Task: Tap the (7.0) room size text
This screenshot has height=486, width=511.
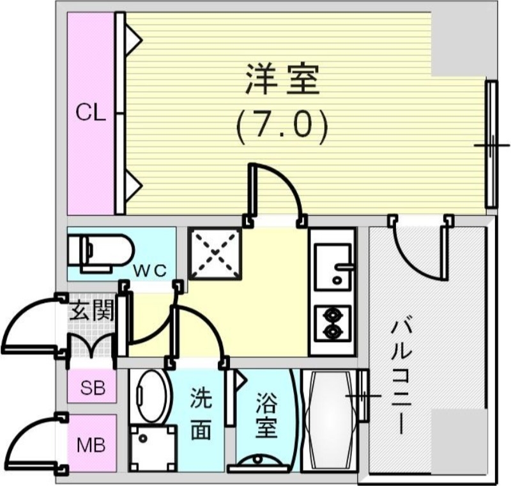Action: click(282, 126)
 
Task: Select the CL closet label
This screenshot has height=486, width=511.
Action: click(91, 113)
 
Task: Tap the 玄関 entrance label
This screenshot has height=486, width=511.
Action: click(92, 312)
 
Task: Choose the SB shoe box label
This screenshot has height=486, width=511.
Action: click(93, 388)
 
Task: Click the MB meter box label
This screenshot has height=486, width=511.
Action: click(92, 444)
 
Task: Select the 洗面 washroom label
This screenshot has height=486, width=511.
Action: click(200, 414)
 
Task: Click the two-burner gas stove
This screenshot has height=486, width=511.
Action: click(332, 323)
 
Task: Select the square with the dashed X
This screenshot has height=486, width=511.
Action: click(215, 255)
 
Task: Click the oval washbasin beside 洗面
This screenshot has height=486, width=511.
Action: click(151, 396)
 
